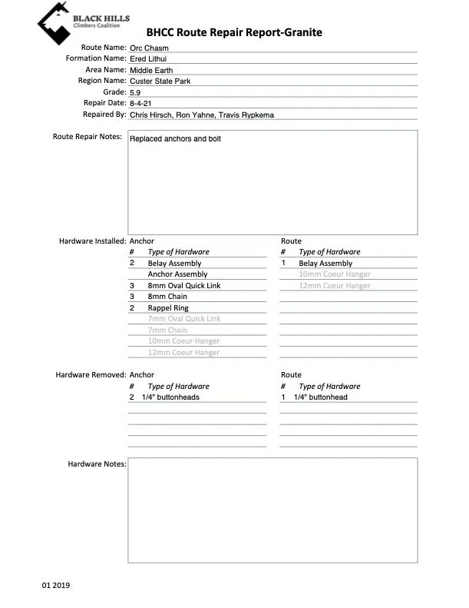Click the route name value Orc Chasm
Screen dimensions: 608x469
coord(149,48)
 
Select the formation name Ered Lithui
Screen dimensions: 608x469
coord(149,58)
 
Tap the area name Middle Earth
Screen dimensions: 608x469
coord(151,70)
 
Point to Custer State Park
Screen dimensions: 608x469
coord(160,81)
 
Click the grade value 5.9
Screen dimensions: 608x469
coord(135,92)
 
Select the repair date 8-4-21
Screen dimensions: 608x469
coord(140,103)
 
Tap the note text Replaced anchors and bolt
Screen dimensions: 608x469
coord(175,140)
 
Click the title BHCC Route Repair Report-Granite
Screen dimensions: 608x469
coord(234,32)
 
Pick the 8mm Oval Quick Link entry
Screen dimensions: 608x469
coord(184,285)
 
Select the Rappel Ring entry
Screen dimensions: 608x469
coord(168,307)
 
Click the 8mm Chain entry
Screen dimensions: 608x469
coord(167,297)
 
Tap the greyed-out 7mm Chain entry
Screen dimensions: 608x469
coord(167,330)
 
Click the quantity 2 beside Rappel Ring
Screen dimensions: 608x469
coord(132,307)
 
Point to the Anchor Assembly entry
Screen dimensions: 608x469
coord(177,274)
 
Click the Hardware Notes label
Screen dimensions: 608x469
coord(95,463)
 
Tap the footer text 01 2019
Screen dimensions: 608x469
coord(56,586)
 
